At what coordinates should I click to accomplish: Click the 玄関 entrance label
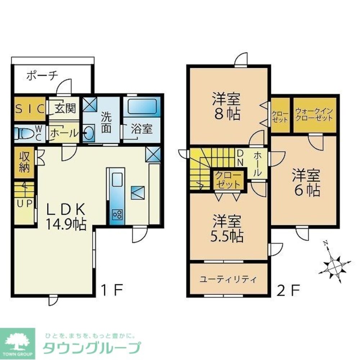63,108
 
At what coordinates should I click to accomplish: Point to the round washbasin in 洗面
89,134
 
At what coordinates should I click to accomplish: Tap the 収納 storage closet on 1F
24,162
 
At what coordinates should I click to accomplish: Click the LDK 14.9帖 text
65,216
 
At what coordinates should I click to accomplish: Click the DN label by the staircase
240,157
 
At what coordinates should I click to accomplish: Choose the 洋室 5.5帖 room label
227,229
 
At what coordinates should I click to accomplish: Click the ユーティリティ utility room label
228,279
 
